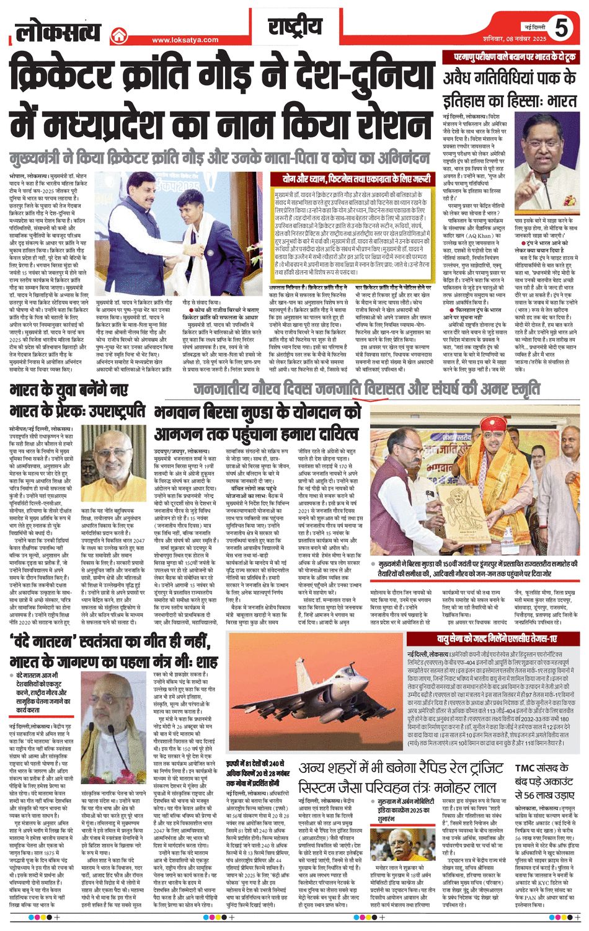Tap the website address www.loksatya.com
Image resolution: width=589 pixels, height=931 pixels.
pos(185,40)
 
